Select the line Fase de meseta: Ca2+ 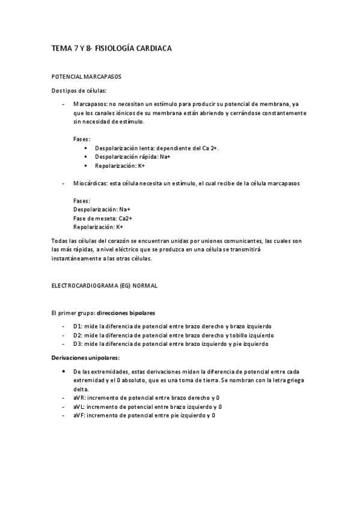(103, 218)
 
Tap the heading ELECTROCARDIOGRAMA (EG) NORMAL (104, 286)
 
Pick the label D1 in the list (77, 327)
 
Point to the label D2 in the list (77, 335)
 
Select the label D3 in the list (77, 344)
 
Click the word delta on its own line (80, 389)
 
